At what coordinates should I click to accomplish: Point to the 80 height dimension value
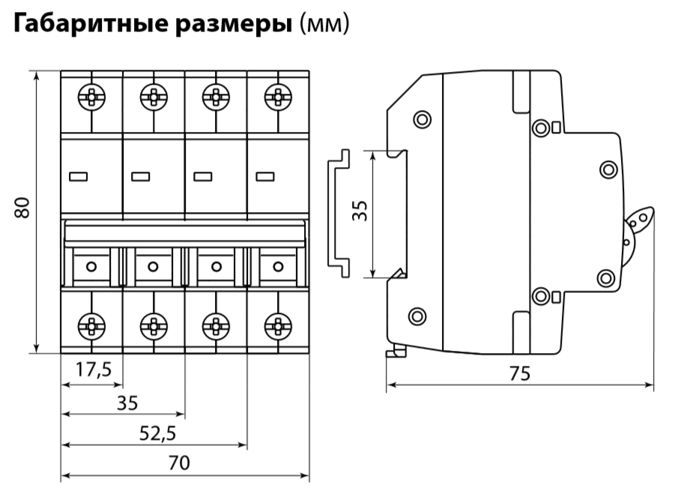[23, 208]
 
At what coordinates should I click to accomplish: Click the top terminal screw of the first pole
[91, 96]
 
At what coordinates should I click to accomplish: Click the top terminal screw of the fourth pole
[277, 96]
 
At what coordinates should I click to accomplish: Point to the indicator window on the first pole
[78, 177]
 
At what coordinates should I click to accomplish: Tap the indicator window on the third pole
[202, 177]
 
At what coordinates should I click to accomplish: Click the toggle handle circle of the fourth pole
[278, 265]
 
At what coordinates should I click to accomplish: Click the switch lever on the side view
[638, 223]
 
